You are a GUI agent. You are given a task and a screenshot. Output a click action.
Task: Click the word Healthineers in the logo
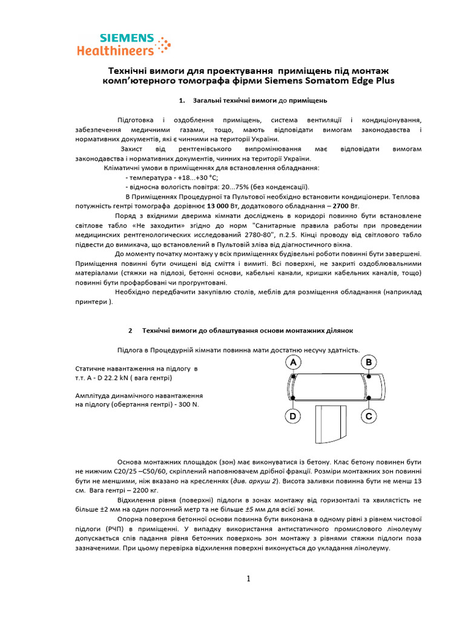(115, 51)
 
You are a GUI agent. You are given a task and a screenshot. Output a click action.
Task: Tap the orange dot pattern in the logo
(162, 46)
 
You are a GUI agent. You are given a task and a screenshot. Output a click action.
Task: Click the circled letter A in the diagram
(294, 362)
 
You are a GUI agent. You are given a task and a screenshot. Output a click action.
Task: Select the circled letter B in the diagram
(369, 362)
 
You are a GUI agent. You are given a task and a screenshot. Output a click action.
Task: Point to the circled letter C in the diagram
(369, 416)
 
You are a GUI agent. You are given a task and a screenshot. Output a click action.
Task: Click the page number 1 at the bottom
(248, 579)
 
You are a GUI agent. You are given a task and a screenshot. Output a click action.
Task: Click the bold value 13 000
(222, 206)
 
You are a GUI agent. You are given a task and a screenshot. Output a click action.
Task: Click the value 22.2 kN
(118, 378)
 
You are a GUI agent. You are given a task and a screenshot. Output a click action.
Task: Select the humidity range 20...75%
(234, 187)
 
